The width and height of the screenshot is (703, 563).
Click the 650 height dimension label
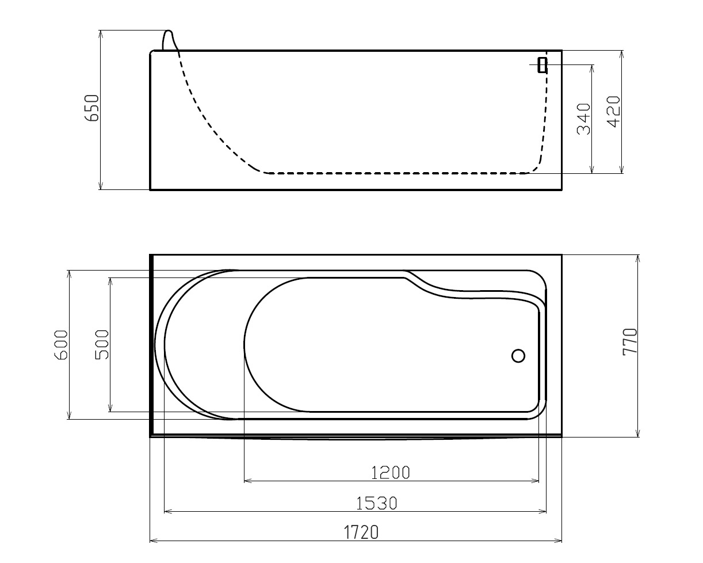tap(92, 108)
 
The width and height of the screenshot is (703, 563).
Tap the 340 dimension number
tap(584, 119)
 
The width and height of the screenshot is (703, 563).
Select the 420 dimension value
tap(613, 112)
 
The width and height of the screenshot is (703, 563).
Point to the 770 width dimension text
tap(630, 341)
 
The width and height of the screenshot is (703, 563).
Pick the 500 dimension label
tap(102, 344)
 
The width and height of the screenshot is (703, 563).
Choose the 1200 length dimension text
tap(391, 473)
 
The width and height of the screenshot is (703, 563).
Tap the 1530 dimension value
tap(377, 504)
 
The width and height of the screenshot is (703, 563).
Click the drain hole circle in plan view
tap(518, 356)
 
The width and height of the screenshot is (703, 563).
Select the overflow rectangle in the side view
tap(542, 65)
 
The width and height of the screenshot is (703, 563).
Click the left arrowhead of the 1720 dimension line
tap(154, 541)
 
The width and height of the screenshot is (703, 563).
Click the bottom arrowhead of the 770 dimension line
tap(638, 433)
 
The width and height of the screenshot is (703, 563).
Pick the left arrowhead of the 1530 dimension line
tap(168, 511)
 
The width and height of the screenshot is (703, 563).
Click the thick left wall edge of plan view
tap(151, 345)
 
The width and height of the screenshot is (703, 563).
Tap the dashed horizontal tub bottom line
tap(397, 173)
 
